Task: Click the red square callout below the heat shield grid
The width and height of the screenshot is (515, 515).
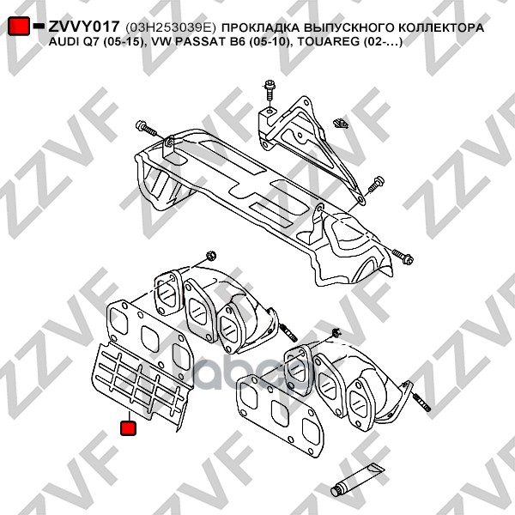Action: pos(128,427)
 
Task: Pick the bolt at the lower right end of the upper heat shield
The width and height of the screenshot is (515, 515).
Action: pos(403,255)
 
